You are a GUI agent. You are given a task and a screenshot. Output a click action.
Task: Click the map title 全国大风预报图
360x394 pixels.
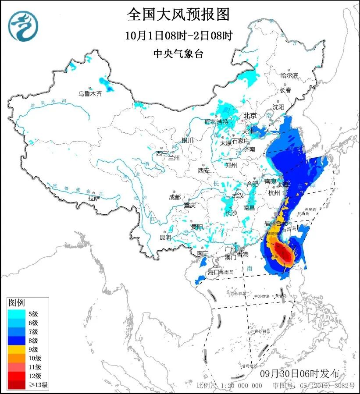(x=178, y=14)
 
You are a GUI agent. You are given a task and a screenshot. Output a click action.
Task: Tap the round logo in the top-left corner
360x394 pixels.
(x=23, y=26)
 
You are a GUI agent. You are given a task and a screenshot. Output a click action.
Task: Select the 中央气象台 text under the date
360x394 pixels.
(x=178, y=53)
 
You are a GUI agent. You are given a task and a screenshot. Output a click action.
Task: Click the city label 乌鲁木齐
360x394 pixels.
(x=90, y=93)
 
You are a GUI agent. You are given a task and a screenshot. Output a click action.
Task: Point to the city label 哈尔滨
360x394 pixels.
(x=289, y=76)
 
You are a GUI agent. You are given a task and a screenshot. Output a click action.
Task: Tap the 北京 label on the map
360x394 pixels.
(x=250, y=116)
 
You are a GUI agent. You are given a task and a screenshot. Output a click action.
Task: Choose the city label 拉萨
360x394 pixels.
(x=93, y=198)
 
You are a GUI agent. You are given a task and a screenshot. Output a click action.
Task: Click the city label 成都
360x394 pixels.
(x=175, y=197)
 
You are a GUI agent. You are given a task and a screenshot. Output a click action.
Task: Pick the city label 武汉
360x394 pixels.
(x=237, y=195)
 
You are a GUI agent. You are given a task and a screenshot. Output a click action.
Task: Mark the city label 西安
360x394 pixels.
(x=204, y=170)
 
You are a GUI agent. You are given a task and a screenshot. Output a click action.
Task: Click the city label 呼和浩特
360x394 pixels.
(x=217, y=121)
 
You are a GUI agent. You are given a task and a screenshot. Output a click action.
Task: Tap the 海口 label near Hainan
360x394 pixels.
(x=213, y=272)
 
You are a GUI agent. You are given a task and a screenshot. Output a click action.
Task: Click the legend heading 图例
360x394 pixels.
(x=17, y=302)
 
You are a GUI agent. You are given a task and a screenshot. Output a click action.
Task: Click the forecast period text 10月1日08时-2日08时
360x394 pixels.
(x=178, y=35)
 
